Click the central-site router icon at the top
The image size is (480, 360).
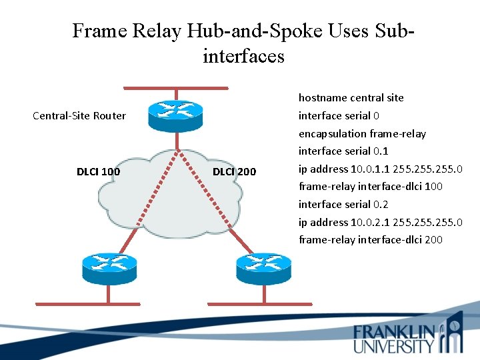point(175,116)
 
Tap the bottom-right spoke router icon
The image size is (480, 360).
point(263,267)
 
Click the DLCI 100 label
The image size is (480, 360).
point(98,172)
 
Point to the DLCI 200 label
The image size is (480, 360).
point(234,172)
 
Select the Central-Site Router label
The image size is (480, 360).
point(79,116)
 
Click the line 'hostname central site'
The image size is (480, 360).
point(351,98)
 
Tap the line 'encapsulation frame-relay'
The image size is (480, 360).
point(362,133)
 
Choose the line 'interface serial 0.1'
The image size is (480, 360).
point(343,151)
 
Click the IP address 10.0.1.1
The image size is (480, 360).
point(369,169)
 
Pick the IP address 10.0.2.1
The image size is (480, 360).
point(369,222)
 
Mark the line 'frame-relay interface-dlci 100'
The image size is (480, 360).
point(370,187)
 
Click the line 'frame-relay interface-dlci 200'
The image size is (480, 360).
point(370,240)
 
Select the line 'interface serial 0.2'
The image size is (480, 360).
point(343,205)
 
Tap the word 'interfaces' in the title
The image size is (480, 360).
point(243,56)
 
